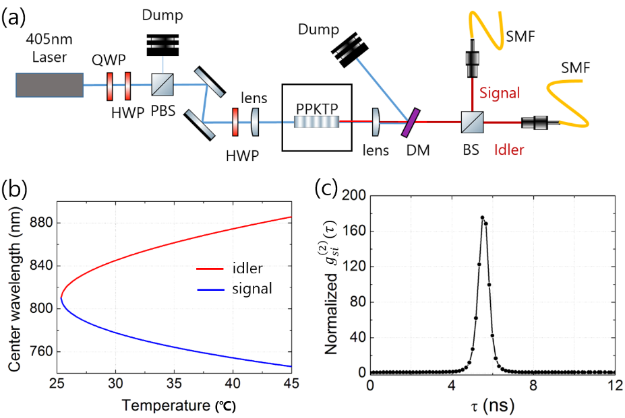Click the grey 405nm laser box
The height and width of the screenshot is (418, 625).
(x=50, y=85)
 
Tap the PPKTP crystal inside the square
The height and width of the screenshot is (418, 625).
(x=317, y=122)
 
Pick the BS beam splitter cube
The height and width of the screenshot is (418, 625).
(x=471, y=123)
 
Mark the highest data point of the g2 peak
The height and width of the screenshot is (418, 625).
(x=482, y=217)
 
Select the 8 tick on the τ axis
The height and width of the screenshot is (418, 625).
(x=533, y=386)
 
